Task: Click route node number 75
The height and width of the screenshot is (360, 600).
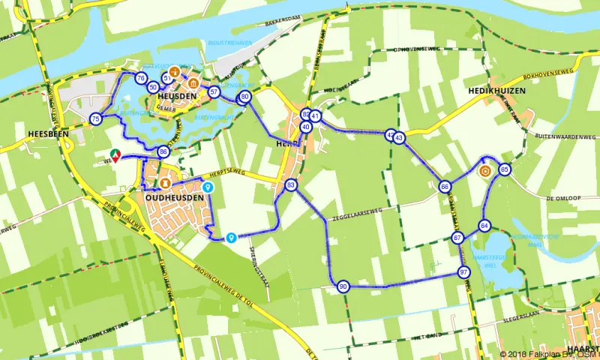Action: tap(95, 119)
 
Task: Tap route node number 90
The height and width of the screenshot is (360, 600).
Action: tap(343, 286)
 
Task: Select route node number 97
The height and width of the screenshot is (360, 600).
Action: tap(464, 271)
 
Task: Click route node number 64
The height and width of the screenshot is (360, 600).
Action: tap(484, 226)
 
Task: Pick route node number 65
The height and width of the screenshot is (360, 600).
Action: tap(505, 169)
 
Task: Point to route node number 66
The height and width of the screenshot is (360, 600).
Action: tap(445, 187)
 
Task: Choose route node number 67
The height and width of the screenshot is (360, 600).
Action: tap(457, 238)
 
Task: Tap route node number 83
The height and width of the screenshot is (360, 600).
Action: tap(291, 185)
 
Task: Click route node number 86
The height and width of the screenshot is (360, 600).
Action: tap(163, 152)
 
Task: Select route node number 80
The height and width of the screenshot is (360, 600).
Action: tap(244, 97)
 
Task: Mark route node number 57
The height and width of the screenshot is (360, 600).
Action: tap(214, 92)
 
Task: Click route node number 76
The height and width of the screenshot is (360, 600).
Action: tap(140, 78)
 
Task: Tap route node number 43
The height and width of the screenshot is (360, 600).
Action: tap(399, 138)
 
